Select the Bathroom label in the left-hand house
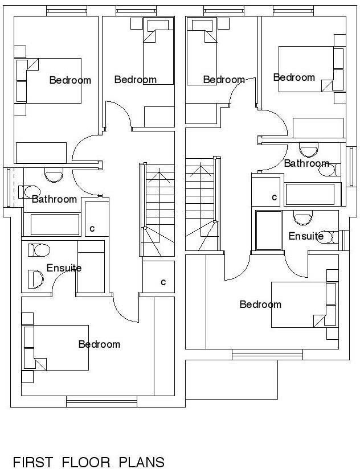click(x=54, y=199)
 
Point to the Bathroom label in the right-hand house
click(x=306, y=163)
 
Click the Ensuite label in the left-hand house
click(x=64, y=268)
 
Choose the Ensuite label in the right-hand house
click(x=306, y=236)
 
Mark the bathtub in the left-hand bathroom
click(x=55, y=224)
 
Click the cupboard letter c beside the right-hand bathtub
click(x=274, y=198)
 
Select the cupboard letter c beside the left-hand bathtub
click(x=92, y=229)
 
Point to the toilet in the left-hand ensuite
click(x=39, y=249)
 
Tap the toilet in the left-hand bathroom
click(x=30, y=191)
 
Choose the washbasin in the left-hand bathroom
click(x=54, y=175)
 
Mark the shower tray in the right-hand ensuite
click(x=268, y=231)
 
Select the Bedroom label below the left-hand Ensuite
click(x=99, y=344)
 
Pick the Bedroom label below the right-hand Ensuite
click(x=260, y=305)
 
